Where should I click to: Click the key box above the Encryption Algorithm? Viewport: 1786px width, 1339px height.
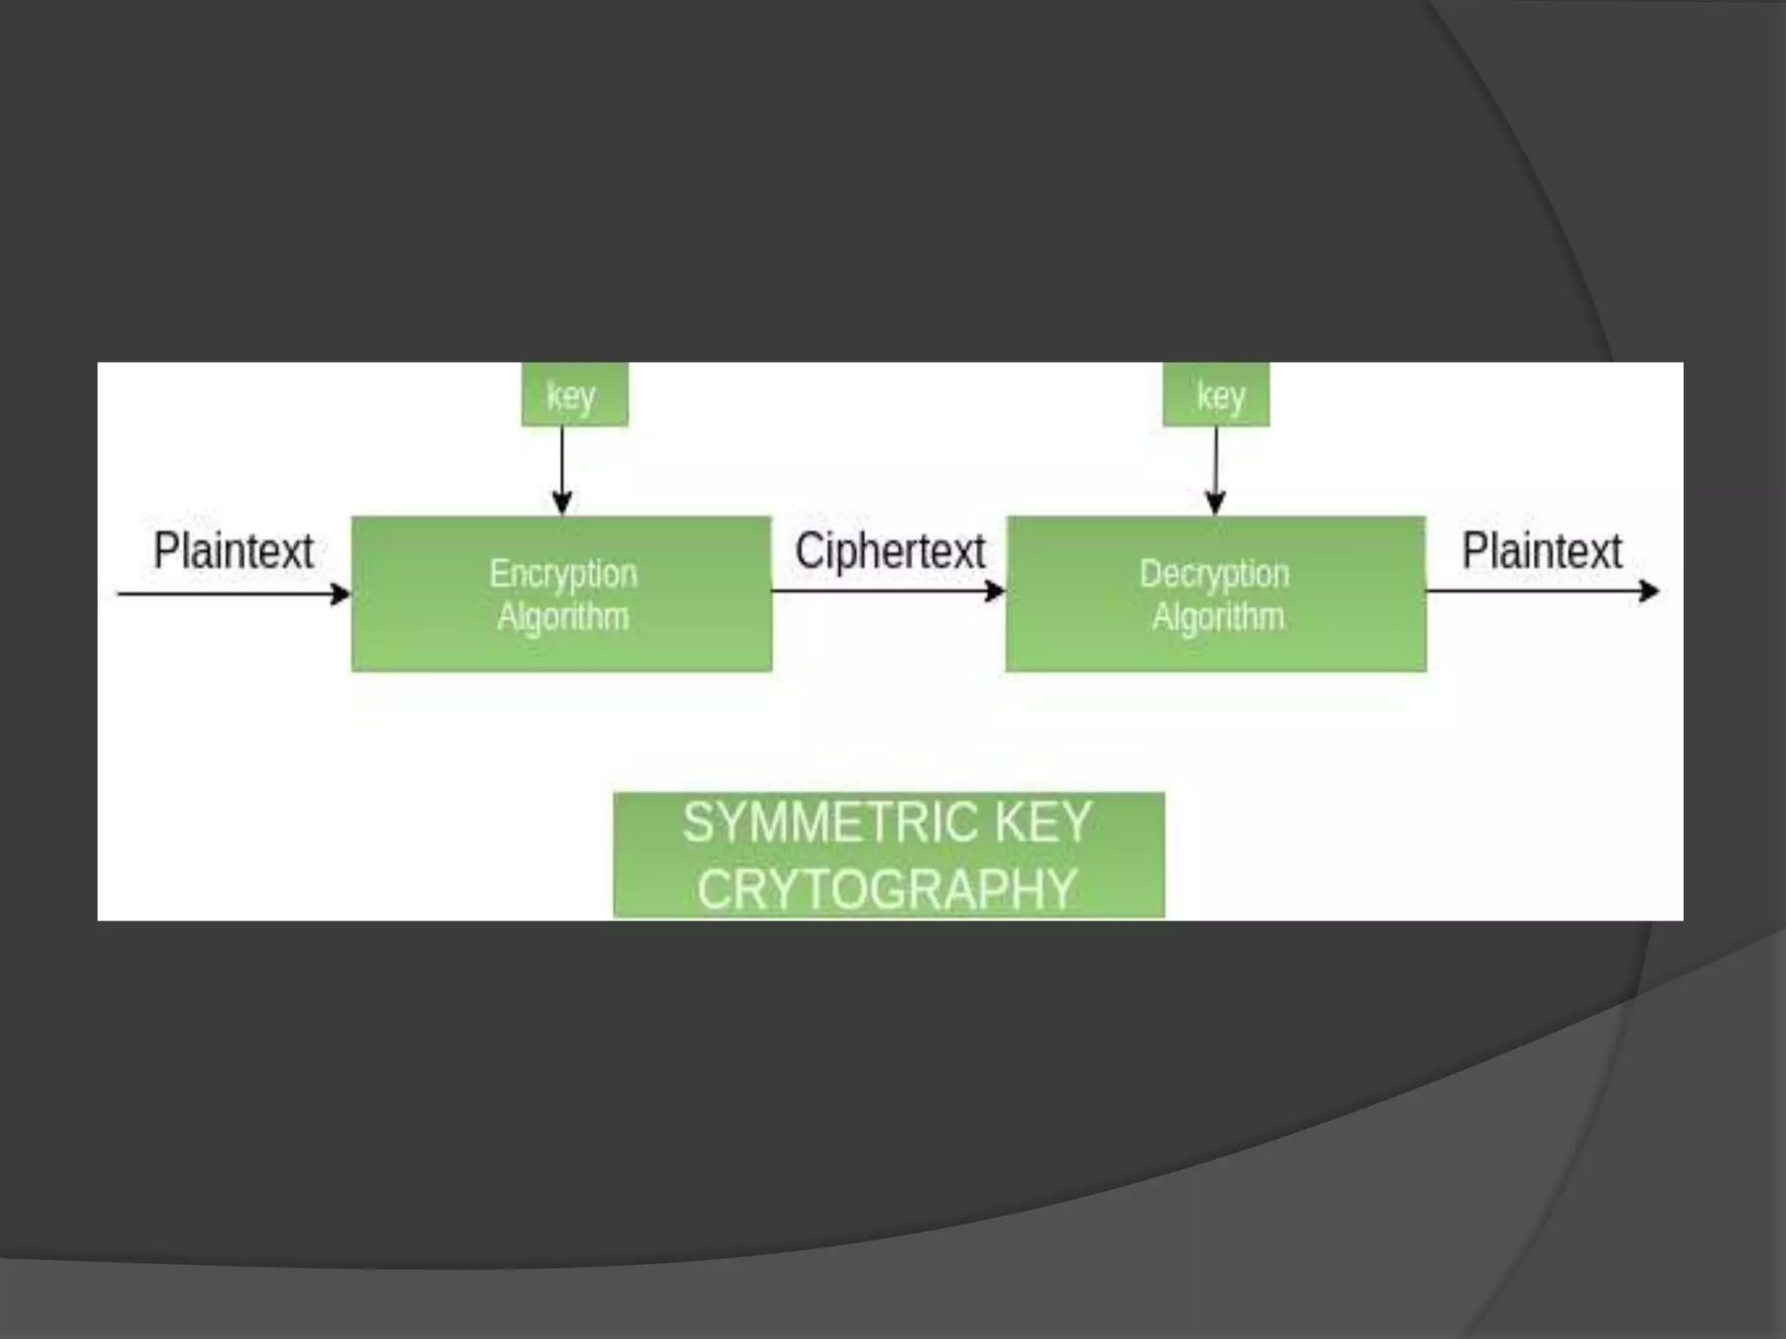[x=574, y=395]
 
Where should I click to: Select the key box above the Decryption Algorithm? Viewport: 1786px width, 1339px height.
[x=1216, y=395]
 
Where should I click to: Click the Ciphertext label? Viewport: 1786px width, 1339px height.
[x=890, y=551]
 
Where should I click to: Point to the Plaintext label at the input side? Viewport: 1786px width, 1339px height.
[x=233, y=551]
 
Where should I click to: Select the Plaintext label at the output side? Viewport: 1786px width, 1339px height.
[x=1541, y=551]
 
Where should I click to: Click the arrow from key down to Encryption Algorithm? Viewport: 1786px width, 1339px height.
[x=562, y=471]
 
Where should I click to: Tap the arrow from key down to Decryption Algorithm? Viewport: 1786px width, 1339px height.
[x=1216, y=471]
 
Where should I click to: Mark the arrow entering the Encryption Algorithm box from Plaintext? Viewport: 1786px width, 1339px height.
[x=233, y=595]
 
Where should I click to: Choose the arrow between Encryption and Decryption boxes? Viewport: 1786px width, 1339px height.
[x=888, y=592]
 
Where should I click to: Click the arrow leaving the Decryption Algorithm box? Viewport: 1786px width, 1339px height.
[x=1541, y=592]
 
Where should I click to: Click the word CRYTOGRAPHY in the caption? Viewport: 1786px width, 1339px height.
[x=887, y=889]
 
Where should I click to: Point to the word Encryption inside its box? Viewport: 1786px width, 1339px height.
[x=562, y=574]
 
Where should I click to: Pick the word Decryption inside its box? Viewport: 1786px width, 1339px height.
[x=1214, y=574]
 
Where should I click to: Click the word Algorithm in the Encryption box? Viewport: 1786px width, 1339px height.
[x=562, y=616]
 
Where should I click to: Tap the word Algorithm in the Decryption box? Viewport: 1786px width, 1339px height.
[x=1217, y=616]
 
